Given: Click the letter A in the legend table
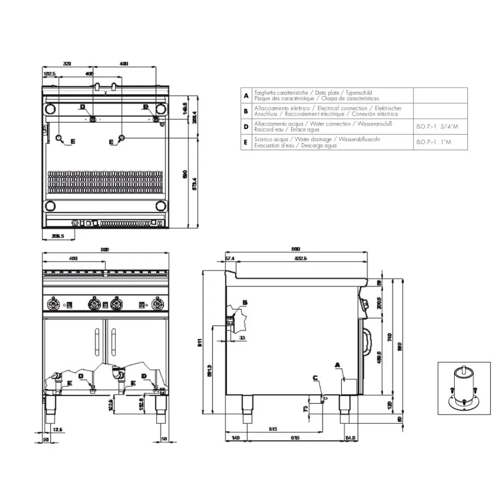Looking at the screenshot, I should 245,96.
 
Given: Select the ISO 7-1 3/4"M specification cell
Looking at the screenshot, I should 437,127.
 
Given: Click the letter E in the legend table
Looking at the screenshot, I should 245,143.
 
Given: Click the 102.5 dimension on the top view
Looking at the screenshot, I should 49,74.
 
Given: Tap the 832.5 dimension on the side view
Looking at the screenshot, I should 299,259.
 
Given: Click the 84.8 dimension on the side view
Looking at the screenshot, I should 351,437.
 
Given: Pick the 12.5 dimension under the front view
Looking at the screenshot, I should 58,429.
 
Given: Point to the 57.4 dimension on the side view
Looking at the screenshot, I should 230,259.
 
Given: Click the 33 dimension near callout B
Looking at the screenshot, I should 242,337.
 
